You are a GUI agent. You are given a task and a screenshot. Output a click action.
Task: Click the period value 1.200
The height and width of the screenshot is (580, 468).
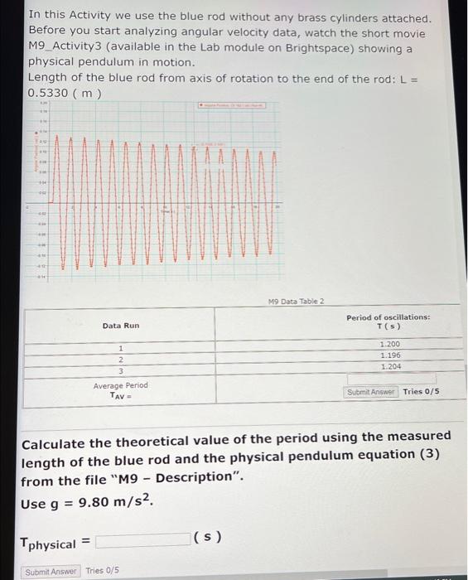click(x=389, y=344)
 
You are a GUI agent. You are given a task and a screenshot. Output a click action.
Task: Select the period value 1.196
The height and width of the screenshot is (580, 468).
click(x=389, y=355)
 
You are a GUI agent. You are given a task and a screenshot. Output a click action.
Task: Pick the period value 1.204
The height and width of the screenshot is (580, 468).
click(x=389, y=365)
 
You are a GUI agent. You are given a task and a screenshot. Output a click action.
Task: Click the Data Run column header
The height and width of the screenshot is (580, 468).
click(x=121, y=326)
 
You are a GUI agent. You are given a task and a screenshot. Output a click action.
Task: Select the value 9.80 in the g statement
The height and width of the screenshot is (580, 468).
click(x=90, y=502)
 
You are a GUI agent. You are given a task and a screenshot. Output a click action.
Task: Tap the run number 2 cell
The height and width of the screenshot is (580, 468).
click(x=121, y=360)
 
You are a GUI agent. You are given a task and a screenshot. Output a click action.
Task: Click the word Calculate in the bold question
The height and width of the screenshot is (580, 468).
click(x=56, y=436)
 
